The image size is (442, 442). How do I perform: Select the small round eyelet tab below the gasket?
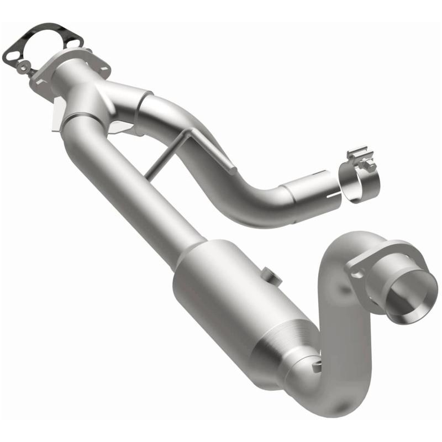pos(23,67)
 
